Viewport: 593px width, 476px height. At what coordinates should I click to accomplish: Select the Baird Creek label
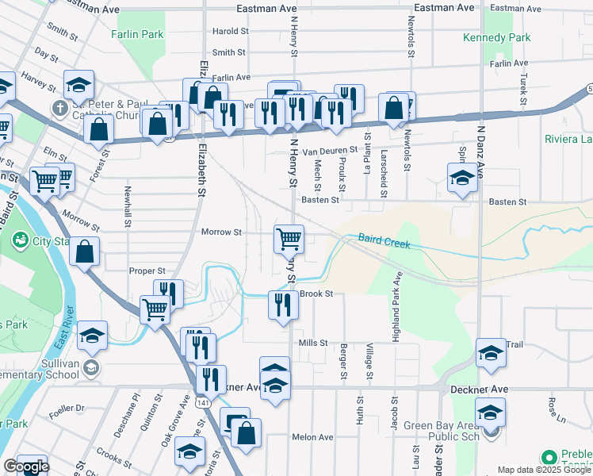[384, 240]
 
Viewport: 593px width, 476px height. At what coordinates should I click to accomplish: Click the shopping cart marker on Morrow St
[289, 238]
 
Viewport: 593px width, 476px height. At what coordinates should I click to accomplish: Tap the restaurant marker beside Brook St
[283, 305]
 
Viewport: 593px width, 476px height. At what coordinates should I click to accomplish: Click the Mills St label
[313, 343]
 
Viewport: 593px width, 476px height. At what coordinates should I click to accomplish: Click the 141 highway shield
[205, 402]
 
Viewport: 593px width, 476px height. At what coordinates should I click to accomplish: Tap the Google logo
[26, 467]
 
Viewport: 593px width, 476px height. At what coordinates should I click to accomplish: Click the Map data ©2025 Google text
[544, 470]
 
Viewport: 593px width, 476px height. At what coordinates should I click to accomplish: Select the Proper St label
[147, 271]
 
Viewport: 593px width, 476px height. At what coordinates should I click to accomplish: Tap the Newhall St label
[127, 206]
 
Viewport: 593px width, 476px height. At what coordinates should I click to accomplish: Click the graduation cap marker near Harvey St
[78, 85]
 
